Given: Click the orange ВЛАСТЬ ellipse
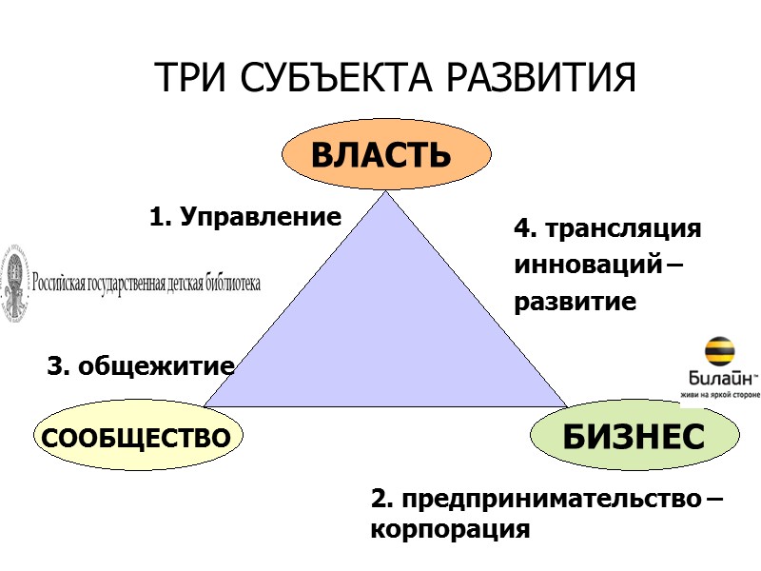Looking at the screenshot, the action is pos(386,155).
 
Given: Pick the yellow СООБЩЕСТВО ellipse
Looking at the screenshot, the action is pos(138,439).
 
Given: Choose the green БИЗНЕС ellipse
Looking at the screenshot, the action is pos(634,437).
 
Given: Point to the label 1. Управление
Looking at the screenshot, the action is pos(244,217).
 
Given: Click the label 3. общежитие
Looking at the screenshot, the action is pos(141,365).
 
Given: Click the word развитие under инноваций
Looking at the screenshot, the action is pos(575,303).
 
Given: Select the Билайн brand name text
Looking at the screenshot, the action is pos(715,378).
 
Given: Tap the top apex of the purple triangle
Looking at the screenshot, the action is pos(386,194).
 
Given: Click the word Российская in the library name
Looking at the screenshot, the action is pos(63,283).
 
